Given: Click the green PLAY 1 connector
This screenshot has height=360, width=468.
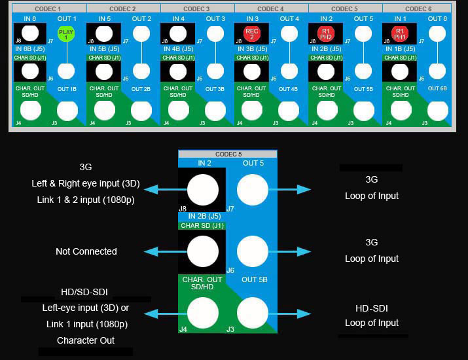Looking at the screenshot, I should tap(65, 34).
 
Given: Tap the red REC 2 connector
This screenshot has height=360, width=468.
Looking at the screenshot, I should tap(252, 34).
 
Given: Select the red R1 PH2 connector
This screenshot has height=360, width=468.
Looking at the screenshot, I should tap(325, 34).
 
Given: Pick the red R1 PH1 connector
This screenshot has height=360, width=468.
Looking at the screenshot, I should tap(400, 34).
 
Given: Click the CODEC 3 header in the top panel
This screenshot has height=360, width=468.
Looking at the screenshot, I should tap(197, 9).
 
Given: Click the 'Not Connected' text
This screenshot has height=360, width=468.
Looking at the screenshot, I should tap(86, 251).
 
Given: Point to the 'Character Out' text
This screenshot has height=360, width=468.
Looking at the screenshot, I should tap(86, 340).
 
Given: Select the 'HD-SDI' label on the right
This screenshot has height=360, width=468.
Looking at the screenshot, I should tap(372, 308).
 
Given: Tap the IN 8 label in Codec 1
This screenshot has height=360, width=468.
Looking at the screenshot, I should tap(29, 19).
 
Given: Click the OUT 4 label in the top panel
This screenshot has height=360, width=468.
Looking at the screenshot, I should tap(289, 19).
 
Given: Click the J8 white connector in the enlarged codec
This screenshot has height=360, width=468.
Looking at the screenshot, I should tap(203, 190).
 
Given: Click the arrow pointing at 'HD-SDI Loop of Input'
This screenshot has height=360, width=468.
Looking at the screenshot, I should tap(295, 314).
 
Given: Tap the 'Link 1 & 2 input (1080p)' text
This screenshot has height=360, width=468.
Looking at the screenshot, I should tap(86, 199).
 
